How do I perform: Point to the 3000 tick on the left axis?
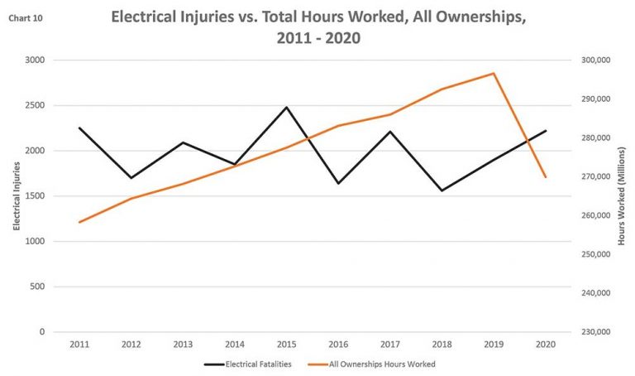pyautogui.click(x=35, y=60)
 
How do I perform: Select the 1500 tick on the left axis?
pyautogui.click(x=35, y=196)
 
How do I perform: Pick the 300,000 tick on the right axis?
pyautogui.click(x=594, y=60)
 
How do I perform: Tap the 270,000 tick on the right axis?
pyautogui.click(x=594, y=177)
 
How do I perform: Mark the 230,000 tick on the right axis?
pyautogui.click(x=594, y=332)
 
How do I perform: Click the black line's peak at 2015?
pyautogui.click(x=286, y=107)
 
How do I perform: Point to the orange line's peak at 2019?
pyautogui.click(x=494, y=73)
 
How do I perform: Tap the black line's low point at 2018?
pyautogui.click(x=442, y=190)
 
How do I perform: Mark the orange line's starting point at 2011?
pyautogui.click(x=80, y=222)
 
